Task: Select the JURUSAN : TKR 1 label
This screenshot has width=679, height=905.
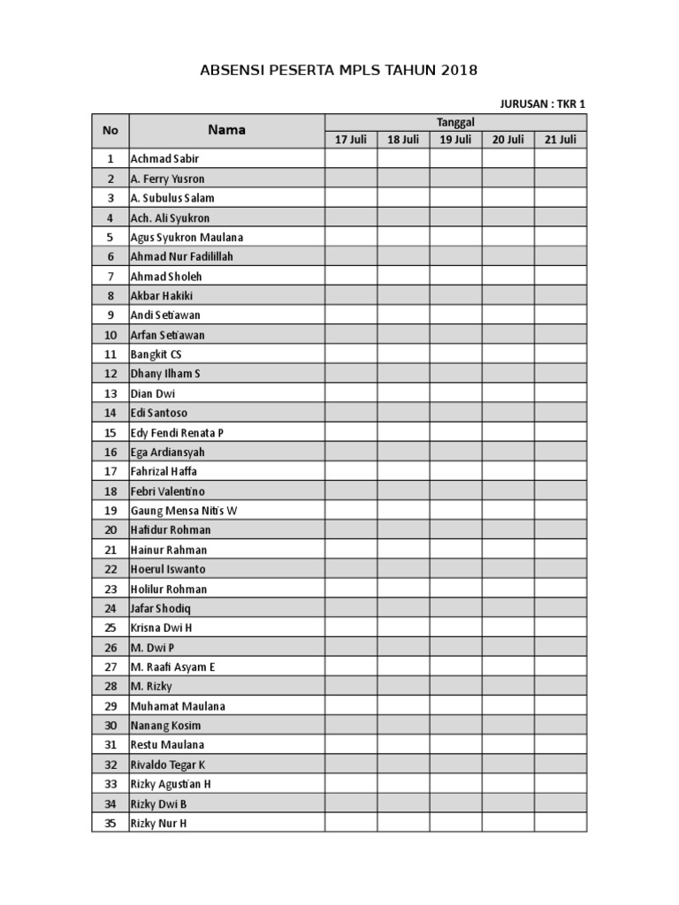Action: [x=543, y=103]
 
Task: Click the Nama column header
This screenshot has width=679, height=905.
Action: [x=226, y=130]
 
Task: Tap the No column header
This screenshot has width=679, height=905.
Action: [x=110, y=130]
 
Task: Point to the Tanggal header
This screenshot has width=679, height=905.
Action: [x=455, y=122]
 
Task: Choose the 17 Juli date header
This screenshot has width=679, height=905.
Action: [x=351, y=140]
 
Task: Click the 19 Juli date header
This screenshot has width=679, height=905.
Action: [x=455, y=140]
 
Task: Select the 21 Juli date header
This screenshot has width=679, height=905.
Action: [x=561, y=140]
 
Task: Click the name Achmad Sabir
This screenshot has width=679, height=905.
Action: [x=165, y=159]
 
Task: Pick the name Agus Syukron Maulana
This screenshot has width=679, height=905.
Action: [x=187, y=237]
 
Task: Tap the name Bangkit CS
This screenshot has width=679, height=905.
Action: [x=156, y=354]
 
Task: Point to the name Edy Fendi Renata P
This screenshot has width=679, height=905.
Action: [x=177, y=432]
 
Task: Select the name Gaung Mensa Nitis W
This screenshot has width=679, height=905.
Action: [x=184, y=511]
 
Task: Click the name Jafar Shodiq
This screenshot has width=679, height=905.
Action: [x=160, y=608]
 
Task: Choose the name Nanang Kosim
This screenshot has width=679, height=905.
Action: [x=165, y=726]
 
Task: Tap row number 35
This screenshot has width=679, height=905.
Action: [x=110, y=823]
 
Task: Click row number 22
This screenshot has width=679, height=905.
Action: [x=110, y=569]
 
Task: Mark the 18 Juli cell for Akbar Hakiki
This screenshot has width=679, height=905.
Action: [x=403, y=296]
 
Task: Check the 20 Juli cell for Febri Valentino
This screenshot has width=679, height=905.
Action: [x=507, y=491]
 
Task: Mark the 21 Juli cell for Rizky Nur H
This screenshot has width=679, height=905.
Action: [x=561, y=823]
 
